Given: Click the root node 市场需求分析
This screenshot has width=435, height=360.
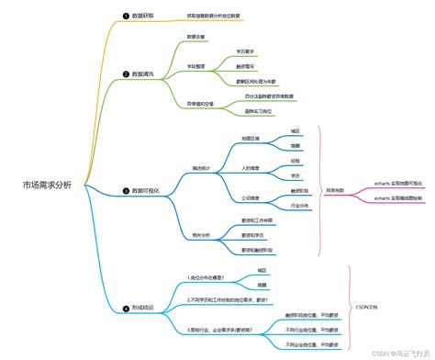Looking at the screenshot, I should pos(53,185).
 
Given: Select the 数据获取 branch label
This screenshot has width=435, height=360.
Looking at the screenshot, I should pos(143,17).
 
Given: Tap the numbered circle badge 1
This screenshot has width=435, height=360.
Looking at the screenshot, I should pos(126,17).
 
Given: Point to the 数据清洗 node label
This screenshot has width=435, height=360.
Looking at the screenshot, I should pos(143,73).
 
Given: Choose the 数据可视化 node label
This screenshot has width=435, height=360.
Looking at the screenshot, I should pos(146,190).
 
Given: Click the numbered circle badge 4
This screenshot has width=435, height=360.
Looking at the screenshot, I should pos(126,308).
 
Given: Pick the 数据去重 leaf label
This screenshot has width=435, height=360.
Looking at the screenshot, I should pos(196,37).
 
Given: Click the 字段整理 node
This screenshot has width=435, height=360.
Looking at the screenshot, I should pos(198,66).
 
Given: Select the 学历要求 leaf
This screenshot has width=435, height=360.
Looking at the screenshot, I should pos(245,52).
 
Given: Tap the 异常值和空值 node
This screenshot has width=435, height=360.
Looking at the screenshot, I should pos(201,103).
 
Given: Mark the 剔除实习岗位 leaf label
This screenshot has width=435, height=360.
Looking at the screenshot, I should pos(259,110).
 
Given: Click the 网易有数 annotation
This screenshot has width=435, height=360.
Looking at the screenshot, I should pos(336,189).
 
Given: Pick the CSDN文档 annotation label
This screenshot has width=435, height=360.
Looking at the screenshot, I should pos(366,307).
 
